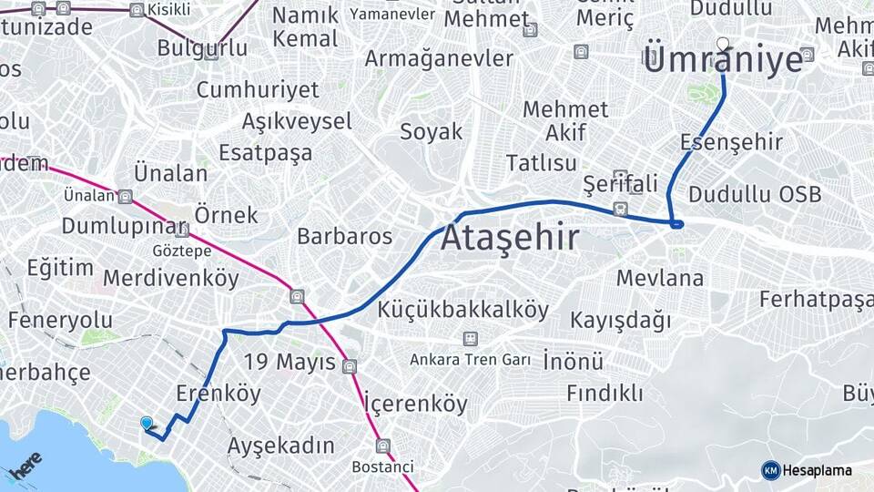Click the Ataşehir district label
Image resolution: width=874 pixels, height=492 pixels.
click(x=510, y=238)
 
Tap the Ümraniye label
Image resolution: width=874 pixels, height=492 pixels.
click(x=724, y=61)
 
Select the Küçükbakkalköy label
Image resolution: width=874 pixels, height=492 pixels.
click(x=463, y=310)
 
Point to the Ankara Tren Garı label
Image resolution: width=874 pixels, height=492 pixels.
click(x=470, y=360)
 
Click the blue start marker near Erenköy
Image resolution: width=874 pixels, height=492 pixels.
click(x=147, y=423)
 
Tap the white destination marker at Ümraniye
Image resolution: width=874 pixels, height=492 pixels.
click(x=723, y=43)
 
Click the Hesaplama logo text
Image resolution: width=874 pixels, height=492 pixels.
click(x=817, y=470)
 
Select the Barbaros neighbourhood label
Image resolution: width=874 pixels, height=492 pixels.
click(x=344, y=237)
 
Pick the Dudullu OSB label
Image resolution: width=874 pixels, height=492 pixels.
click(x=755, y=194)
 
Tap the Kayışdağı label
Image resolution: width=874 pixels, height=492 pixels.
click(x=620, y=321)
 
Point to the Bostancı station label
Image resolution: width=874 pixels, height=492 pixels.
click(x=382, y=466)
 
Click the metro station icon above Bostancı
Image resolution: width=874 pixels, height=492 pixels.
click(x=382, y=446)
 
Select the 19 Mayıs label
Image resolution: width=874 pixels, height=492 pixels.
click(x=290, y=363)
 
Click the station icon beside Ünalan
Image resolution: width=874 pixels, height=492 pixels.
click(x=125, y=196)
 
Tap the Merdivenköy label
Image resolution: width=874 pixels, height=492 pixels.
click(x=171, y=278)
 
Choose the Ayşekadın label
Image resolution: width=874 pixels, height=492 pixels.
click(x=280, y=446)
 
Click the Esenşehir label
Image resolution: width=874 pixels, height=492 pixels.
click(x=731, y=142)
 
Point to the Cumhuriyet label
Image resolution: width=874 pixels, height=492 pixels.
click(x=258, y=90)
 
